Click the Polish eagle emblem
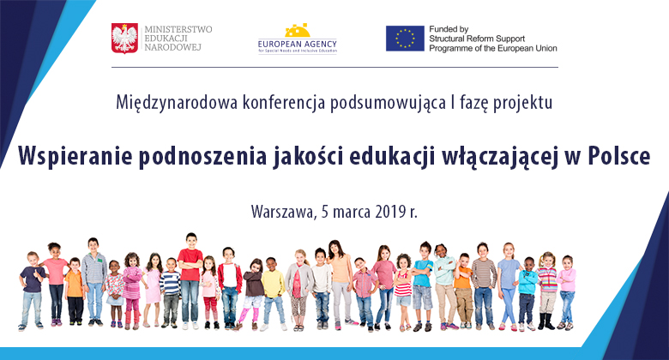click(x=125, y=38)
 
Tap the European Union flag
click(x=405, y=38)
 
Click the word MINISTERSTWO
click(x=178, y=28)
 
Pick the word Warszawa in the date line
click(x=282, y=211)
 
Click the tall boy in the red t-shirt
click(x=190, y=274)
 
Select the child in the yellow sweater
click(x=272, y=287)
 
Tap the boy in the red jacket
click(x=229, y=283)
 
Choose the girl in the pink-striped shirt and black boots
click(x=546, y=287)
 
